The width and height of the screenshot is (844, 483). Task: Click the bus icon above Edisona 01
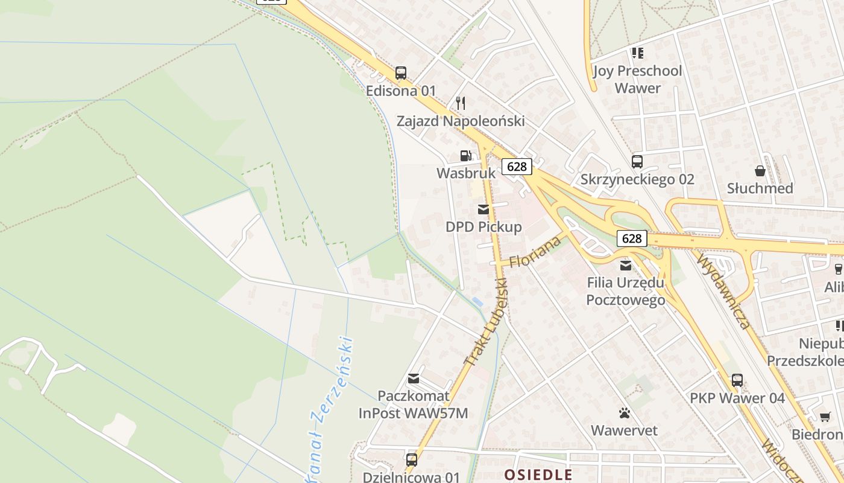(401, 73)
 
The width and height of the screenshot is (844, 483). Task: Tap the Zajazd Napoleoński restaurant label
(461, 121)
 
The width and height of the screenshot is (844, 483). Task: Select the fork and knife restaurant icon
(461, 103)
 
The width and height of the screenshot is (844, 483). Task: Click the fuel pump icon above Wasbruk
(465, 156)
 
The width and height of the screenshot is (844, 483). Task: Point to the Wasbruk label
(465, 173)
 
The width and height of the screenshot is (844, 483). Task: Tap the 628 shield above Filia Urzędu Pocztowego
(631, 238)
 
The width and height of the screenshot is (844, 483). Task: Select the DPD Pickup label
(483, 227)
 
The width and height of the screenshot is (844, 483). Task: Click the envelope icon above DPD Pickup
(483, 210)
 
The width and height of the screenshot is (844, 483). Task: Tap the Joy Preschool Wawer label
(637, 79)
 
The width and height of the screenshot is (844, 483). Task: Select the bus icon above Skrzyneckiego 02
(637, 162)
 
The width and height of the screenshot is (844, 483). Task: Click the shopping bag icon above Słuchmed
(760, 171)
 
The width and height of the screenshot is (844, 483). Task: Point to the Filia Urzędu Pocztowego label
(626, 291)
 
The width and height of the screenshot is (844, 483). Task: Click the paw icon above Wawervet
(624, 413)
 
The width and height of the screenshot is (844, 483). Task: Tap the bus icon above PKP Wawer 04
(737, 380)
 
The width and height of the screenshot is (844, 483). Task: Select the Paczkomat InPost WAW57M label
(413, 405)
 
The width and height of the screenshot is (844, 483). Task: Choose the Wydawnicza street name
(723, 291)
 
